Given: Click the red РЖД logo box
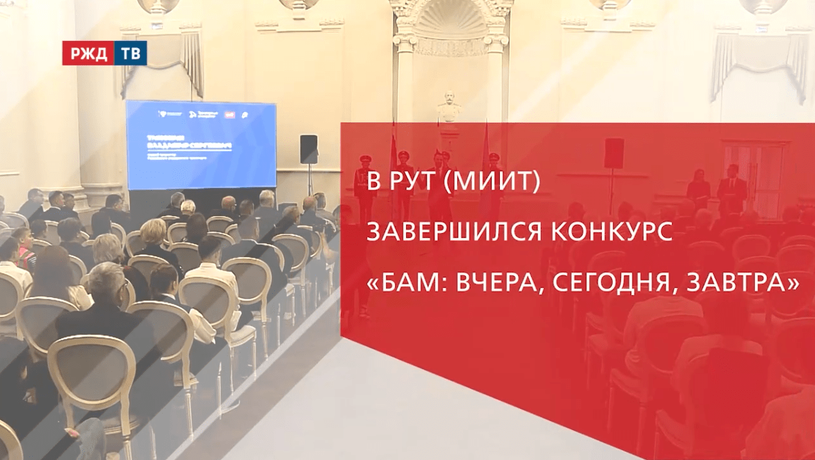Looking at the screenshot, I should (88, 53).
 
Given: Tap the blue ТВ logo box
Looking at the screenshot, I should (130, 53).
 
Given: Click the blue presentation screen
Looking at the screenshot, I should (201, 145).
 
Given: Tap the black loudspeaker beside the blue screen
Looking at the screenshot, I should (308, 149).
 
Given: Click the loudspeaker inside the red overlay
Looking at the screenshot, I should (613, 152).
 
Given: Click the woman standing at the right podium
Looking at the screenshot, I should (698, 188).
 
